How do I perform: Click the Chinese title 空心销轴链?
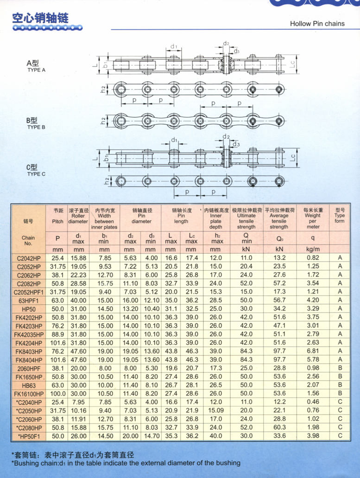tap(40, 19)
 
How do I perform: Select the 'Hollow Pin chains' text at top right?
tap(317, 24)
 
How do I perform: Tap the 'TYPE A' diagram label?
tap(37, 70)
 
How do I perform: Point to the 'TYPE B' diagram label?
tap(37, 127)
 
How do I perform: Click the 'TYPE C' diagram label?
tap(37, 174)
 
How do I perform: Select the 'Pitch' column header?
tap(57, 221)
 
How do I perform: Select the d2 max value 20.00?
tap(131, 435)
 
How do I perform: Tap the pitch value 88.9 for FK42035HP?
tap(58, 334)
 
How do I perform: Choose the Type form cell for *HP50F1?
tap(340, 435)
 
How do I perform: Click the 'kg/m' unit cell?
tap(313, 249)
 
